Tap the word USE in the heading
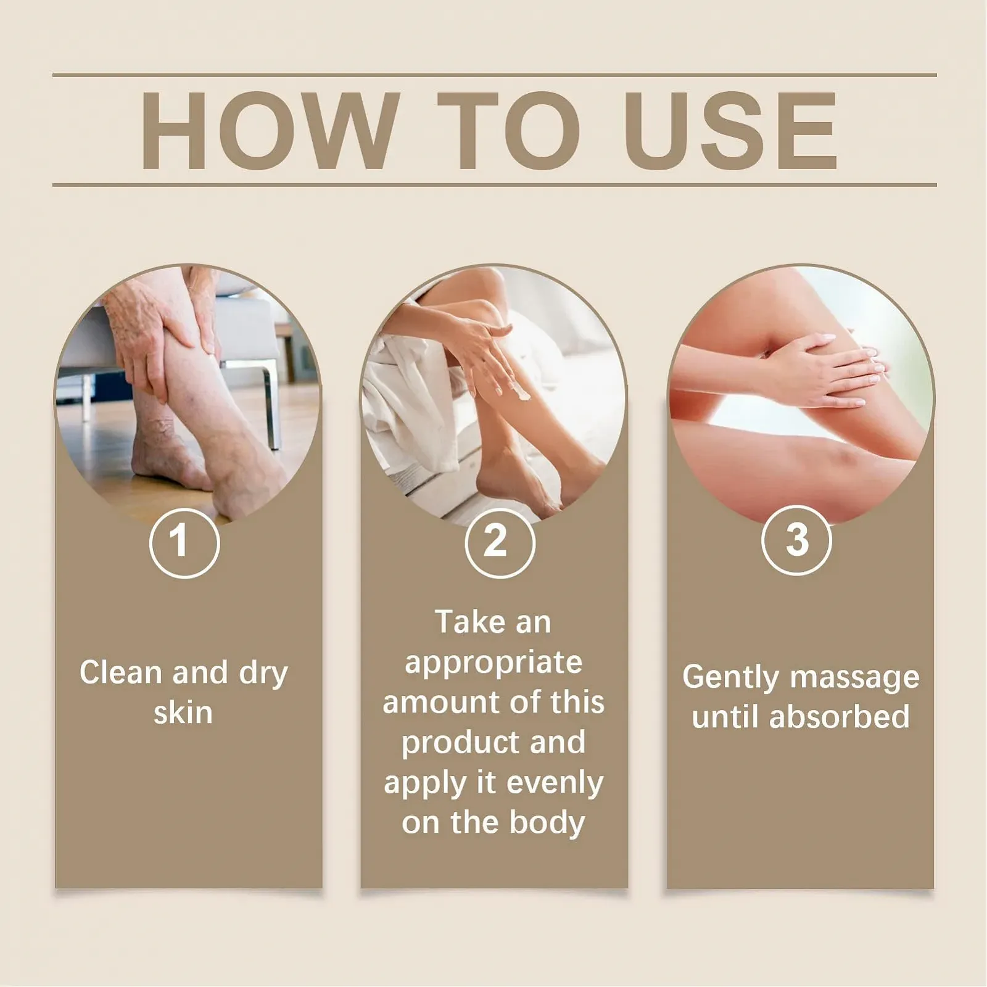pos(733,130)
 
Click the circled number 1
pos(184,542)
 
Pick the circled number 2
pos(499,542)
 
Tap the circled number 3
pos(796,540)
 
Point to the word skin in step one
pos(183,713)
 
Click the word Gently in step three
pos(730,678)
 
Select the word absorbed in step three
pos(840,717)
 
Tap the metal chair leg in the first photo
pos(271,404)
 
